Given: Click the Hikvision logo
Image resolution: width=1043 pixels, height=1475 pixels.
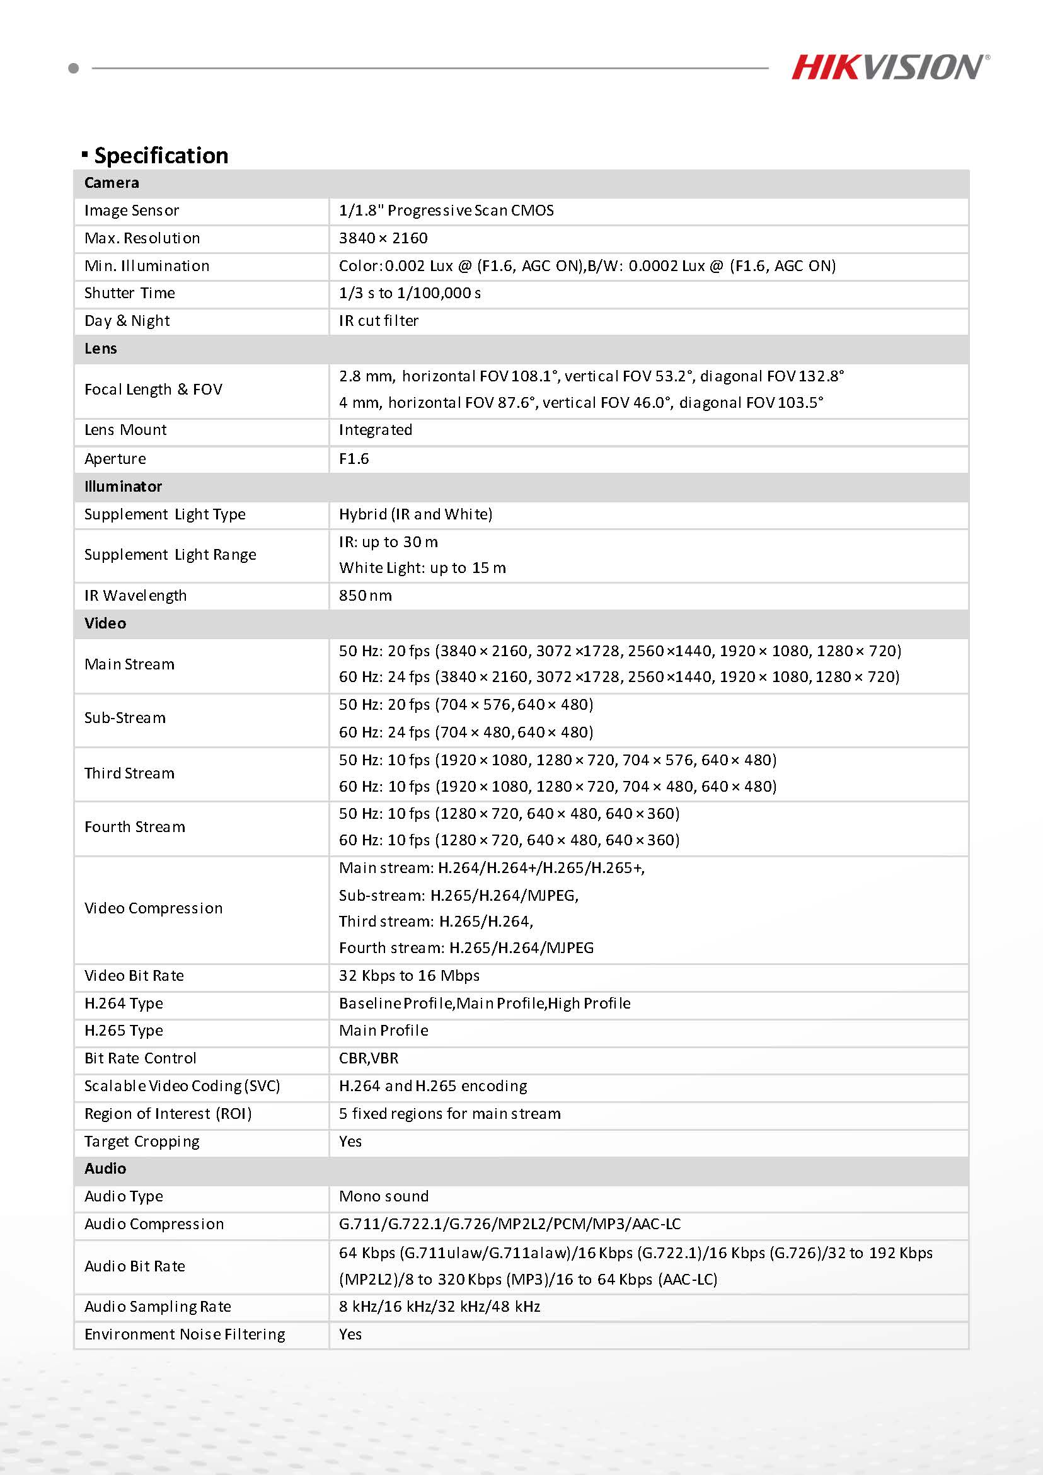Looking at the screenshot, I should pos(889,67).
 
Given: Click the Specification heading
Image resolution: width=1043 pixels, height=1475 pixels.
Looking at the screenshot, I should pos(161,156).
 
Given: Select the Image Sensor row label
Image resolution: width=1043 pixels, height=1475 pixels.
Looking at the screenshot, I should pos(132,211).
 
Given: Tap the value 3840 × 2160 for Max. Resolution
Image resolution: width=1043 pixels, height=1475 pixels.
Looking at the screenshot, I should pos(383,238).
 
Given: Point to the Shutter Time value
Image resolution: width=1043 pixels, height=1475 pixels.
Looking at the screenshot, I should pos(410,293).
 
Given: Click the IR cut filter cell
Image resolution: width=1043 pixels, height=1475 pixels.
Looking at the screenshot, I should pos(378,321).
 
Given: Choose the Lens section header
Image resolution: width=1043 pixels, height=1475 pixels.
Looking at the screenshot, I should pos(101,348).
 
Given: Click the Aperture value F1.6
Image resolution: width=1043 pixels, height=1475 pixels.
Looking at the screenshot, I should pos(354,459).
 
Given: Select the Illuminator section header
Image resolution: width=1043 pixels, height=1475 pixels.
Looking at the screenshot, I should pos(123,487).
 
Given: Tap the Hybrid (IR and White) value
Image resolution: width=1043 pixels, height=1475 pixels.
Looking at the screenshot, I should pos(415,514).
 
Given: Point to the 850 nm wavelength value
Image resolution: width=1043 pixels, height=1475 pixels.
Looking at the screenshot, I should pos(365,596).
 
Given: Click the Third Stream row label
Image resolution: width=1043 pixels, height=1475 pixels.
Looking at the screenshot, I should pos(129,773).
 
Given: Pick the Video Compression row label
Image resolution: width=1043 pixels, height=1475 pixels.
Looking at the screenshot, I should pos(154,908).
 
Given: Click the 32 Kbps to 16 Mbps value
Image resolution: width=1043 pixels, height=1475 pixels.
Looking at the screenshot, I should pos(409,975).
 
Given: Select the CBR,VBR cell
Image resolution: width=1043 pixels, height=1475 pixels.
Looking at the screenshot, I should pos(369,1058).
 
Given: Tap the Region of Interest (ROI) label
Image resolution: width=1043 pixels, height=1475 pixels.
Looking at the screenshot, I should pos(168,1113).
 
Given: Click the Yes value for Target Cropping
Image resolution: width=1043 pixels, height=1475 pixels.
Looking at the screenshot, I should pos(350,1141).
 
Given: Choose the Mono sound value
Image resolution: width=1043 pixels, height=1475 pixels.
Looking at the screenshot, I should pos(383,1196).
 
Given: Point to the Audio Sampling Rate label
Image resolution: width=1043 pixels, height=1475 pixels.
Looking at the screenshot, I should pos(158,1307).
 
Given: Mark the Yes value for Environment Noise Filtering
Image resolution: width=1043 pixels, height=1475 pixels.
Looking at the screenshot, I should pos(350,1334).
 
